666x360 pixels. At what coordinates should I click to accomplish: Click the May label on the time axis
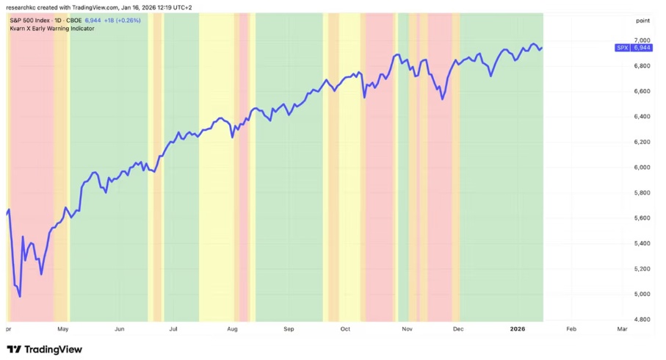click(x=63, y=330)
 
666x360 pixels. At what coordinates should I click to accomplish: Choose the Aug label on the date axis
click(x=232, y=330)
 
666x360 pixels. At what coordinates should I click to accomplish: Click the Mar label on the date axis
click(x=622, y=330)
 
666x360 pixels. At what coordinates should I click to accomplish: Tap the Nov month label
click(x=407, y=330)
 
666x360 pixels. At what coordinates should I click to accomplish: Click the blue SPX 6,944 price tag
click(x=632, y=48)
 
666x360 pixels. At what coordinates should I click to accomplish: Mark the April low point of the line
click(x=20, y=297)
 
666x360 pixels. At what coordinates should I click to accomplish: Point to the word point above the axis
click(x=643, y=21)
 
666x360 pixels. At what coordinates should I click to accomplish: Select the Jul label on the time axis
click(x=174, y=330)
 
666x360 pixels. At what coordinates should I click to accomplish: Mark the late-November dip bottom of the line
click(x=442, y=98)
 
